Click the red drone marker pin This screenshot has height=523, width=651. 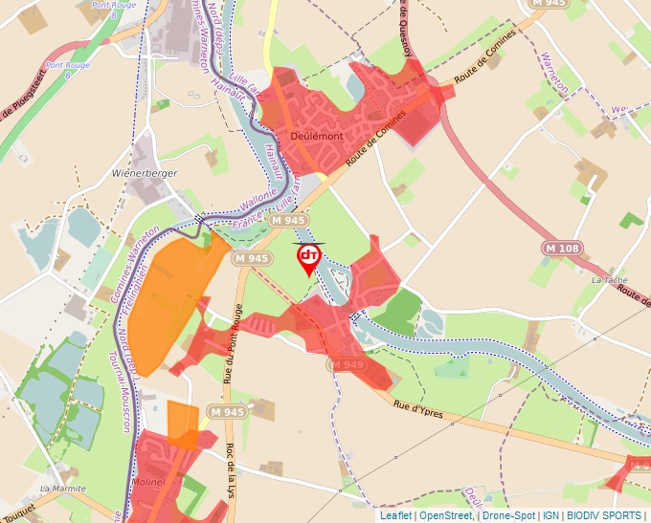click(x=309, y=257)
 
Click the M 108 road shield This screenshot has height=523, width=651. click(x=562, y=249)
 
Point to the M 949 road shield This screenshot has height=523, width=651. click(x=347, y=364)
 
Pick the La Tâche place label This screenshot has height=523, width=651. click(x=608, y=280)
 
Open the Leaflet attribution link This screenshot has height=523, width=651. click(x=395, y=515)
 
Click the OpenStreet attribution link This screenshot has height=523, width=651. click(x=446, y=515)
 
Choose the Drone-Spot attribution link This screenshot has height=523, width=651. click(x=508, y=515)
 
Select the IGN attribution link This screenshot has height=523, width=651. click(x=550, y=515)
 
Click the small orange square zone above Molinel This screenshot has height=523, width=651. click(x=182, y=424)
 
